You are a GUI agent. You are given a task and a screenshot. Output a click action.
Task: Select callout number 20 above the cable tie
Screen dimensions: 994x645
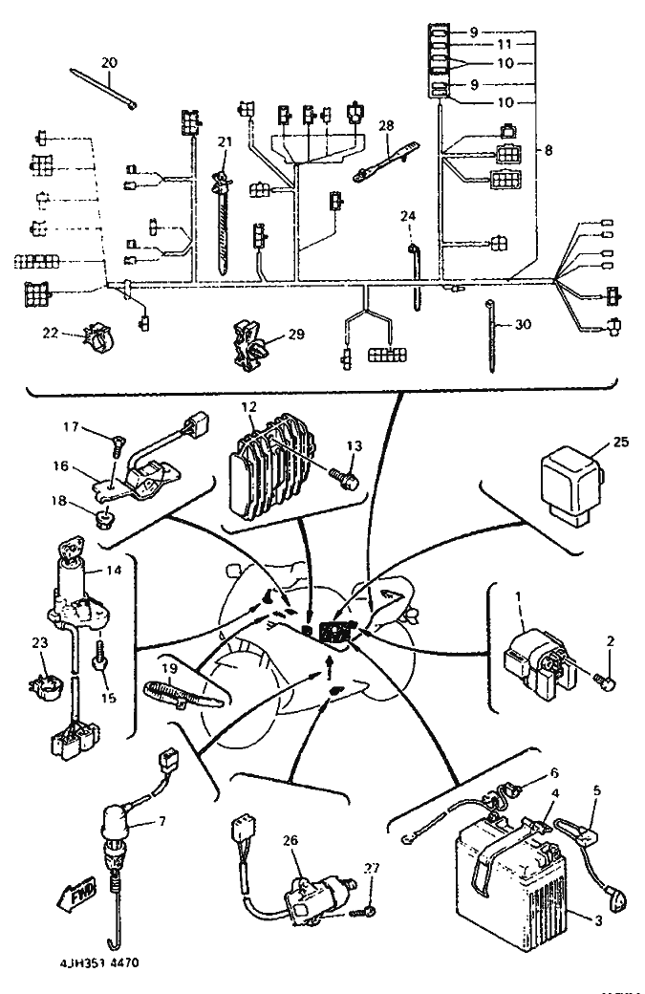tap(109, 63)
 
